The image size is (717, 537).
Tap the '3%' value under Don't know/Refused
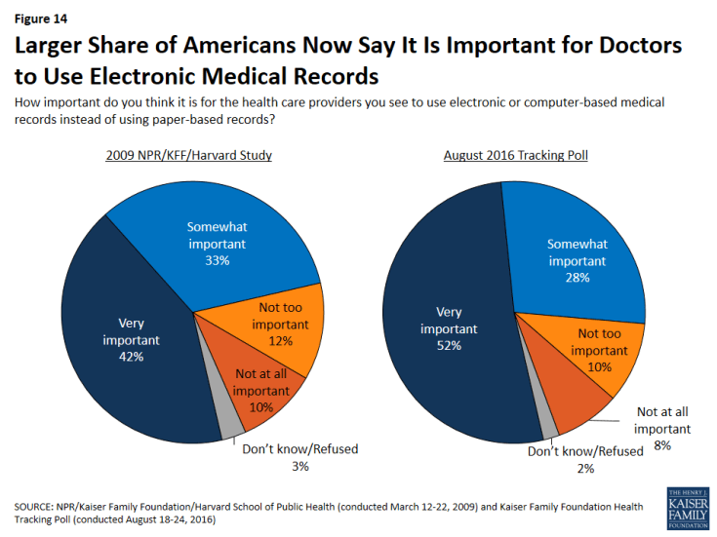pyautogui.click(x=299, y=467)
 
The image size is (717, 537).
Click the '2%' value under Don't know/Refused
pyautogui.click(x=586, y=469)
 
